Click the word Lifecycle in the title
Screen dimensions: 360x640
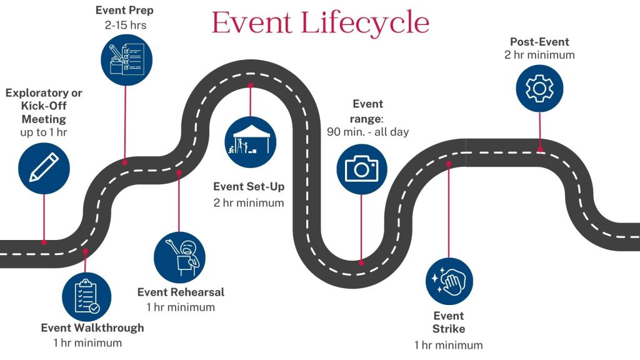tap(365, 23)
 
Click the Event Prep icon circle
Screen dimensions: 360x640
tap(126, 60)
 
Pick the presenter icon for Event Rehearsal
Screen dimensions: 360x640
tap(179, 256)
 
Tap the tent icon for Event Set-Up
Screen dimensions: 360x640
tap(250, 142)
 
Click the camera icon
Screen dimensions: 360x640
tap(362, 168)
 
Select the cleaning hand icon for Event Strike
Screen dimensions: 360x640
tap(449, 281)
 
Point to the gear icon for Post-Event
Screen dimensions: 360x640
tap(539, 88)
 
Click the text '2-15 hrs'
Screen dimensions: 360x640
tap(126, 25)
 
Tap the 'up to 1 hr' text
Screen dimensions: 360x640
tap(44, 132)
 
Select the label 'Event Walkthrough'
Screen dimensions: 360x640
tap(92, 328)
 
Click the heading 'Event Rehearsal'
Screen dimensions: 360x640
tap(181, 292)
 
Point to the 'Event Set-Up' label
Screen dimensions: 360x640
tap(249, 186)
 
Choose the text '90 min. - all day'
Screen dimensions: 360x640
tap(367, 131)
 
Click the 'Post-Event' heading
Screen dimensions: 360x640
tap(539, 42)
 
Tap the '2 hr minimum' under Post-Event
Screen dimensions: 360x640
tap(539, 55)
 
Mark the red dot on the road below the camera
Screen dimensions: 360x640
tap(361, 263)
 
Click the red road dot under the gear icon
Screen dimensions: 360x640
tap(540, 150)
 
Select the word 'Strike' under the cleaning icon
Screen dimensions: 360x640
tap(449, 329)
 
